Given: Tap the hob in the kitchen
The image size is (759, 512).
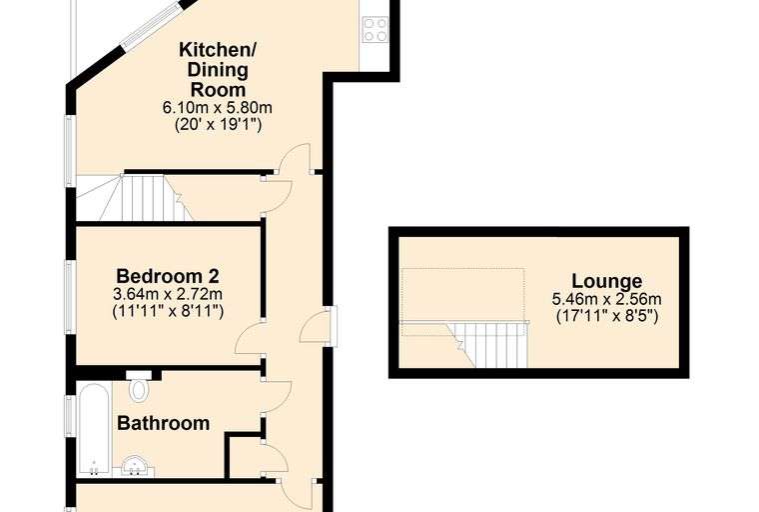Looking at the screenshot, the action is tap(376, 30).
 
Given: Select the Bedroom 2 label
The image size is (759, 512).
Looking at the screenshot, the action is tap(168, 276).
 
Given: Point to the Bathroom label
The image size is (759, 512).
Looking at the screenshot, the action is tap(164, 423).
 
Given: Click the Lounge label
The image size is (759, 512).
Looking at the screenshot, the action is tap(607, 281).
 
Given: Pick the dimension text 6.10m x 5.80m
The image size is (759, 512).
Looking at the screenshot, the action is tap(218, 107).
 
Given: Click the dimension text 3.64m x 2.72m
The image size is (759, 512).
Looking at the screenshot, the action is tap(168, 294).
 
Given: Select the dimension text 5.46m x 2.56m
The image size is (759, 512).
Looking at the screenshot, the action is tap(607, 299).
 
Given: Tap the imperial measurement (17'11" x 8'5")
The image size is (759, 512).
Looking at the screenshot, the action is tap(607, 316).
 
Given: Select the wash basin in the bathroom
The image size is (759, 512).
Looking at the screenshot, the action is tap(136, 466).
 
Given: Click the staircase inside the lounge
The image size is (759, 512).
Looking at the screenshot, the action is tap(489, 343).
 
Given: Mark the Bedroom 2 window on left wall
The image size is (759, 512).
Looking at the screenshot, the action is tap(71, 297).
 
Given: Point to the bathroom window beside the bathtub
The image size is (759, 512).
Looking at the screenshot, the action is tap(71, 416).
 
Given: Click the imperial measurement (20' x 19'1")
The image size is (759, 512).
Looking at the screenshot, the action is tap(218, 125).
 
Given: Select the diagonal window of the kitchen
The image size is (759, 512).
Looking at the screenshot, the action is tap(151, 24).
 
